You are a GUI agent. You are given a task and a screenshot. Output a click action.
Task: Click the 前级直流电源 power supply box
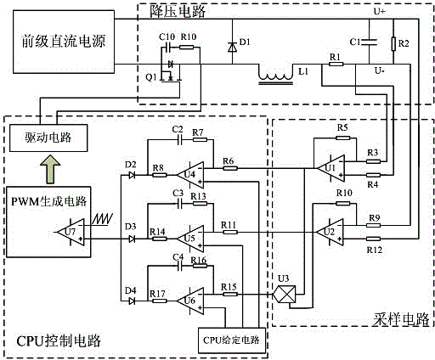tap(64, 42)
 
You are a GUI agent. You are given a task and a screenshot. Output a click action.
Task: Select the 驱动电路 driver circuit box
tap(48, 138)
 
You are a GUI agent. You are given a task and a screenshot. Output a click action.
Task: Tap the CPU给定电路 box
tap(232, 340)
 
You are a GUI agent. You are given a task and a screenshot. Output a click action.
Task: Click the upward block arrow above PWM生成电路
tap(50, 169)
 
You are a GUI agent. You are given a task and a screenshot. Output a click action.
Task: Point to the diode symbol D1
tap(233, 47)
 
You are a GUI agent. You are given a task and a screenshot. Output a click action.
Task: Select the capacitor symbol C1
tap(369, 42)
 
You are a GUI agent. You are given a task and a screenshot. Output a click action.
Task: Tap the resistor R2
tap(393, 44)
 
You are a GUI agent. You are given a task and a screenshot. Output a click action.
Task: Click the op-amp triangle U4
tap(190, 175)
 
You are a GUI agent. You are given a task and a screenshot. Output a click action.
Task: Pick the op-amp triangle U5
tap(190, 239)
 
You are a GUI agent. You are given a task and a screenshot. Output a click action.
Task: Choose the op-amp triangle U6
tap(190, 301)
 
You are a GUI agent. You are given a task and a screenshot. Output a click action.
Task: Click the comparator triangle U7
tap(71, 232)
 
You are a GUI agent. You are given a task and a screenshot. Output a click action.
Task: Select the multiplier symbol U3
tap(285, 295)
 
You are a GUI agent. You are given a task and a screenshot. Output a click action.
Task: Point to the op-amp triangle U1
tap(330, 168)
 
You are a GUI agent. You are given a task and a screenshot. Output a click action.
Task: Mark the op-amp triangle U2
tap(330, 232)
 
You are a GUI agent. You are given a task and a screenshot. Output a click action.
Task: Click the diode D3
tap(132, 239)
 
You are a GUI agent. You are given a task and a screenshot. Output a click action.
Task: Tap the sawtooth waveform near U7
tap(103, 219)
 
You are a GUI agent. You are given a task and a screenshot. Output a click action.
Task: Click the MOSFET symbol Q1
tap(171, 71)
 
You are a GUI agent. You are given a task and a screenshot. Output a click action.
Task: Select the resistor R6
tap(230, 168)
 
